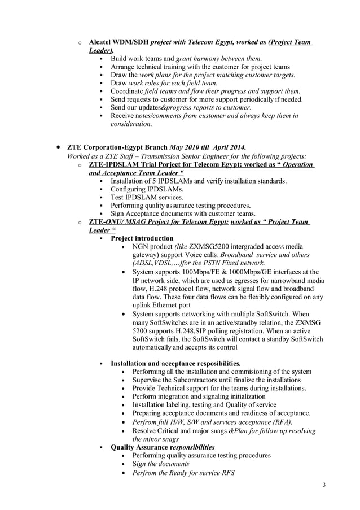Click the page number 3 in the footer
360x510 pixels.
click(x=324, y=485)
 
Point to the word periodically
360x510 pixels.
click(x=256, y=99)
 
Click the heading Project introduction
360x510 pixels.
click(x=142, y=238)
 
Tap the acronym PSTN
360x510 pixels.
click(x=217, y=263)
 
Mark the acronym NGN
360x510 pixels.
click(x=142, y=247)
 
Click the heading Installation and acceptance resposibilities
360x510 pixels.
click(x=175, y=363)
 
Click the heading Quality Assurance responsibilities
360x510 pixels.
click(x=163, y=447)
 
